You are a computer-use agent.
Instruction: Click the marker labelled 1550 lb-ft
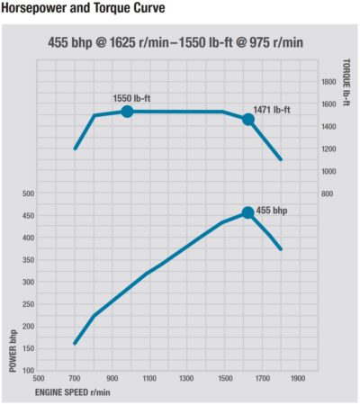pos(127,112)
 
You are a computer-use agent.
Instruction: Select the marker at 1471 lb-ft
pos(248,119)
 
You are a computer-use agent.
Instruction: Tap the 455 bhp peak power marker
pos(248,213)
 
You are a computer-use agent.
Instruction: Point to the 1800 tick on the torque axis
pos(328,81)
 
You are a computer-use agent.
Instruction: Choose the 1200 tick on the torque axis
pos(328,148)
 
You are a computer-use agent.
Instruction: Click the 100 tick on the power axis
pos(27,370)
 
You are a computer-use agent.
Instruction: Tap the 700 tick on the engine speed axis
pos(75,379)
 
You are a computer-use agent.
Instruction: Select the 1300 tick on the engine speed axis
pos(186,379)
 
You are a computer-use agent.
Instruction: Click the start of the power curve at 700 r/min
pos(75,343)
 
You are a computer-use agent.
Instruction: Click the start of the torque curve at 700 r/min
pos(75,148)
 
